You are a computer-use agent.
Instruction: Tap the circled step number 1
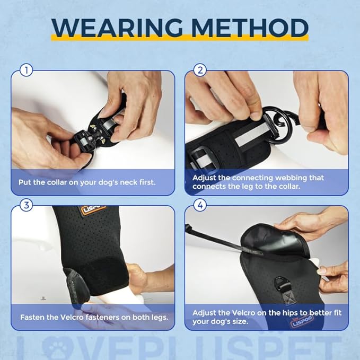coord(27,70)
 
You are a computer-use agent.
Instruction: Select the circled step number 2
coord(200,70)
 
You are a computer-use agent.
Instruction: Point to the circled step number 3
coord(27,205)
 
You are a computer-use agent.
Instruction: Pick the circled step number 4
coord(200,205)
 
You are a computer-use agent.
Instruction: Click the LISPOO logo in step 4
coord(302,321)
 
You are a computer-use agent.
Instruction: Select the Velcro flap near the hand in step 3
coord(76,286)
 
